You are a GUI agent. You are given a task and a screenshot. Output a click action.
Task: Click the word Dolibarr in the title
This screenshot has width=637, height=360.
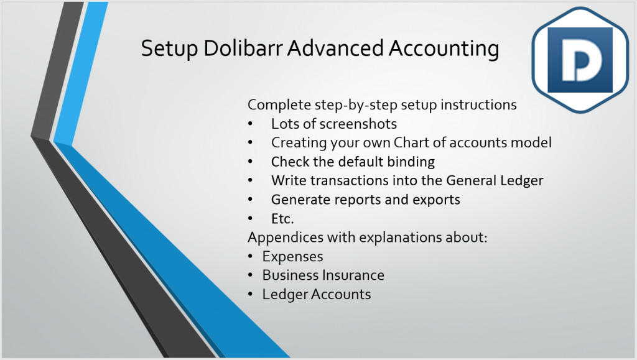pos(243,48)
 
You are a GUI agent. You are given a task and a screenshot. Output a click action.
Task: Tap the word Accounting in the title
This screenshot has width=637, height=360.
pos(444,48)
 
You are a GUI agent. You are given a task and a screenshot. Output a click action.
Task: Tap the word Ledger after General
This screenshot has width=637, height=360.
pos(522,180)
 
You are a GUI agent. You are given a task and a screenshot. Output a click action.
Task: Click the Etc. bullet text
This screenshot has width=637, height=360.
pos(282,219)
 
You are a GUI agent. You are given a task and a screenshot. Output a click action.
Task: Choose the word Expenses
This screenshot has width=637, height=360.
pos(292,257)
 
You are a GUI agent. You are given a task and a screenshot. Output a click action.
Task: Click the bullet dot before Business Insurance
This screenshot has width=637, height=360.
pos(250,275)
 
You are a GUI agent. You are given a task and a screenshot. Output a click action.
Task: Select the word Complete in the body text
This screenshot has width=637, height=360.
pos(279,105)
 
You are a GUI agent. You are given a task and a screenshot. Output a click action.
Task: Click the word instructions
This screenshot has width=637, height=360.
pos(478,104)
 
